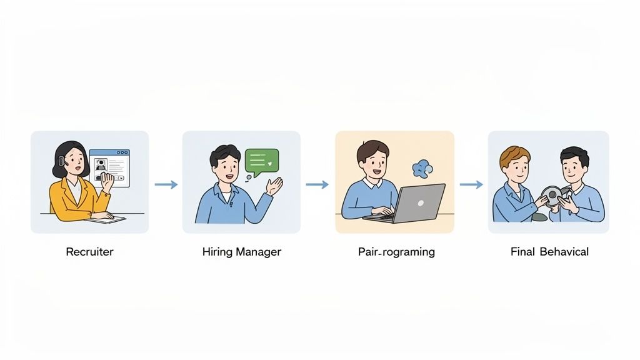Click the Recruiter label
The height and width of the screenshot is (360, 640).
click(x=89, y=252)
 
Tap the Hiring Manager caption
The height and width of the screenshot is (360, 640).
click(x=241, y=252)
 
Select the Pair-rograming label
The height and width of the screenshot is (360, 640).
click(x=396, y=252)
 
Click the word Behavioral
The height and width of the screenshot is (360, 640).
click(x=564, y=252)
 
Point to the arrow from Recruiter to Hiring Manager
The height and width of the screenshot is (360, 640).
click(x=166, y=184)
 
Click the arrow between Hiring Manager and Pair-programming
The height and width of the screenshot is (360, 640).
click(x=317, y=184)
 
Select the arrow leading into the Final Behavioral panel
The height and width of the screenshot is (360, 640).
click(x=471, y=184)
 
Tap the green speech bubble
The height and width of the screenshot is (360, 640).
click(x=261, y=161)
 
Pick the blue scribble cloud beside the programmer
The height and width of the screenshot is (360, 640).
click(x=422, y=168)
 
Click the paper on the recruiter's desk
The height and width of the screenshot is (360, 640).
click(x=105, y=219)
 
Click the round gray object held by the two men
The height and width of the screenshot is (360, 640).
click(x=551, y=196)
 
